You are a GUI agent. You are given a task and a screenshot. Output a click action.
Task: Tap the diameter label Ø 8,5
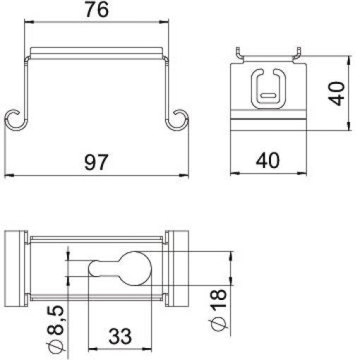[x=57, y=326]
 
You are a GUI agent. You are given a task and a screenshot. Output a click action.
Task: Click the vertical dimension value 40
[x=340, y=92]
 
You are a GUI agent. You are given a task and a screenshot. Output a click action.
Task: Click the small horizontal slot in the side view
[x=268, y=93]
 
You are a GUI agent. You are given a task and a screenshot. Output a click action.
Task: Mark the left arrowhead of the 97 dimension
[x=7, y=175]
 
